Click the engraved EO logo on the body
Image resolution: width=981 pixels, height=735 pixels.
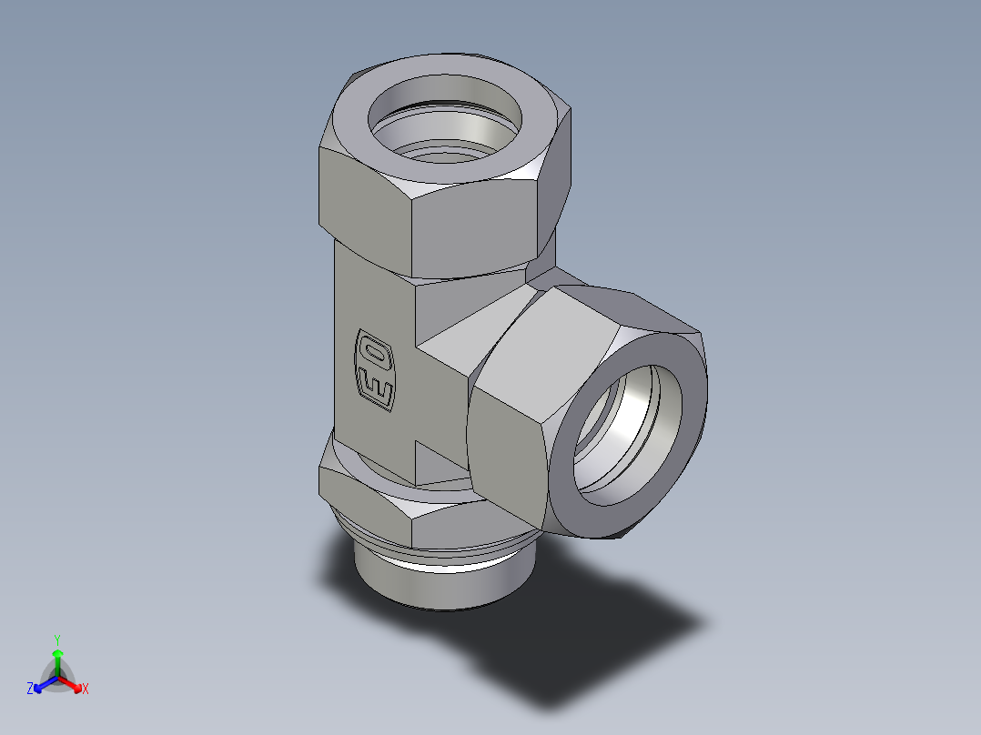(x=374, y=369)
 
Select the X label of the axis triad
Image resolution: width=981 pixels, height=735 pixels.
(x=85, y=690)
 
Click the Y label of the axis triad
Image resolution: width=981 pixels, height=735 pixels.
(x=57, y=639)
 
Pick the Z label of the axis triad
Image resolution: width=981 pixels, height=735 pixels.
(x=30, y=690)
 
